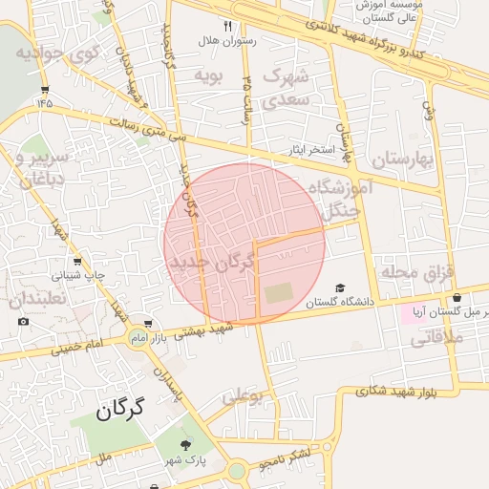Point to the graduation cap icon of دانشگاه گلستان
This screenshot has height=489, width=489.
coord(341,288)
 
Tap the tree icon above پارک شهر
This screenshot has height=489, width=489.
coord(185,444)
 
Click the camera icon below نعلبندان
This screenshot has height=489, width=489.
coord(24,321)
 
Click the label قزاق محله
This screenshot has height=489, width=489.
coord(415,272)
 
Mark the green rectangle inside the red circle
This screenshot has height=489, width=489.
coord(280,293)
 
